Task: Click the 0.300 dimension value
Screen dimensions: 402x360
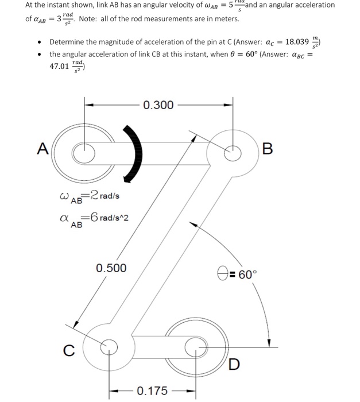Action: click(158, 105)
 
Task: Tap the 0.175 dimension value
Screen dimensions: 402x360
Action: click(152, 391)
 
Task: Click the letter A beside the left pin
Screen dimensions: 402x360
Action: click(42, 149)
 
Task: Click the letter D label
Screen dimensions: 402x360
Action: click(234, 364)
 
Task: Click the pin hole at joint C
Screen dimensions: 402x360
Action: click(106, 346)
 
